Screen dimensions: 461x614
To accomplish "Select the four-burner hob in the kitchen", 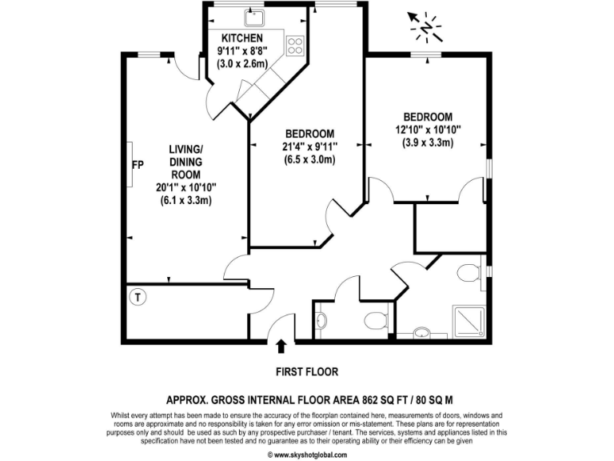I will pos(295,45).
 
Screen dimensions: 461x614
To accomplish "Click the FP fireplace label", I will pos(138,165).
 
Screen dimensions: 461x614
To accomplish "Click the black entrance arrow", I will pos(281,346).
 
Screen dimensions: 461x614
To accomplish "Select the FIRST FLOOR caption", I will pos(307,371).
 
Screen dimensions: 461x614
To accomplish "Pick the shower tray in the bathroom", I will pos(466,321).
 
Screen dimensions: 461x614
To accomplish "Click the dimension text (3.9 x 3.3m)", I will pos(428,142).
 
